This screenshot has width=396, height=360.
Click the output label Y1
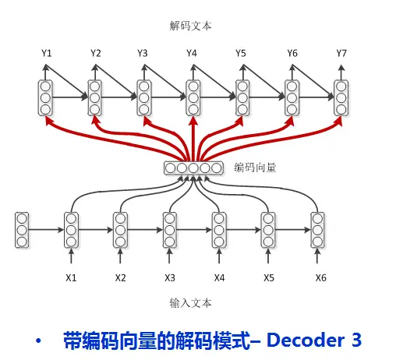pyautogui.click(x=47, y=53)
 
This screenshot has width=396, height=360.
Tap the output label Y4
pyautogui.click(x=192, y=53)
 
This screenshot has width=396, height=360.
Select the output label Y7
pyautogui.click(x=341, y=53)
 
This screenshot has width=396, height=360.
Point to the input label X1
pyautogui.click(x=71, y=278)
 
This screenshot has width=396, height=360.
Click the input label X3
pyautogui.click(x=170, y=278)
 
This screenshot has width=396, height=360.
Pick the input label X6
pyautogui.click(x=320, y=278)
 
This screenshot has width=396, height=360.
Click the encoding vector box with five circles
pyautogui.click(x=193, y=168)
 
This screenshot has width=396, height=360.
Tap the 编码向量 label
pyautogui.click(x=255, y=168)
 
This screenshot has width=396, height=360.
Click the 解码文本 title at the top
pyautogui.click(x=191, y=26)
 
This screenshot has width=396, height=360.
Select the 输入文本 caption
pyautogui.click(x=191, y=303)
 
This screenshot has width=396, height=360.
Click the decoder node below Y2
pyautogui.click(x=94, y=98)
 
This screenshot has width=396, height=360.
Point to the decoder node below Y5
pyautogui.click(x=242, y=98)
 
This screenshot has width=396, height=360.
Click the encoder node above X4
pyautogui.click(x=219, y=230)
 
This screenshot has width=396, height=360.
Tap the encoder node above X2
pyautogui.click(x=120, y=230)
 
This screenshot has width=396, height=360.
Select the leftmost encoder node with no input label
pyautogui.click(x=22, y=230)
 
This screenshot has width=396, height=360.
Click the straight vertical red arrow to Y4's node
pyautogui.click(x=193, y=139)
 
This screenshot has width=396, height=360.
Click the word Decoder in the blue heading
pyautogui.click(x=306, y=340)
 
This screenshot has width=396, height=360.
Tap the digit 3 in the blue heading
pyautogui.click(x=356, y=340)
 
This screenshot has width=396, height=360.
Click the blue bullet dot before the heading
pyautogui.click(x=38, y=341)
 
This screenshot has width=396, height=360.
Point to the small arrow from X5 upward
pyautogui.click(x=268, y=256)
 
